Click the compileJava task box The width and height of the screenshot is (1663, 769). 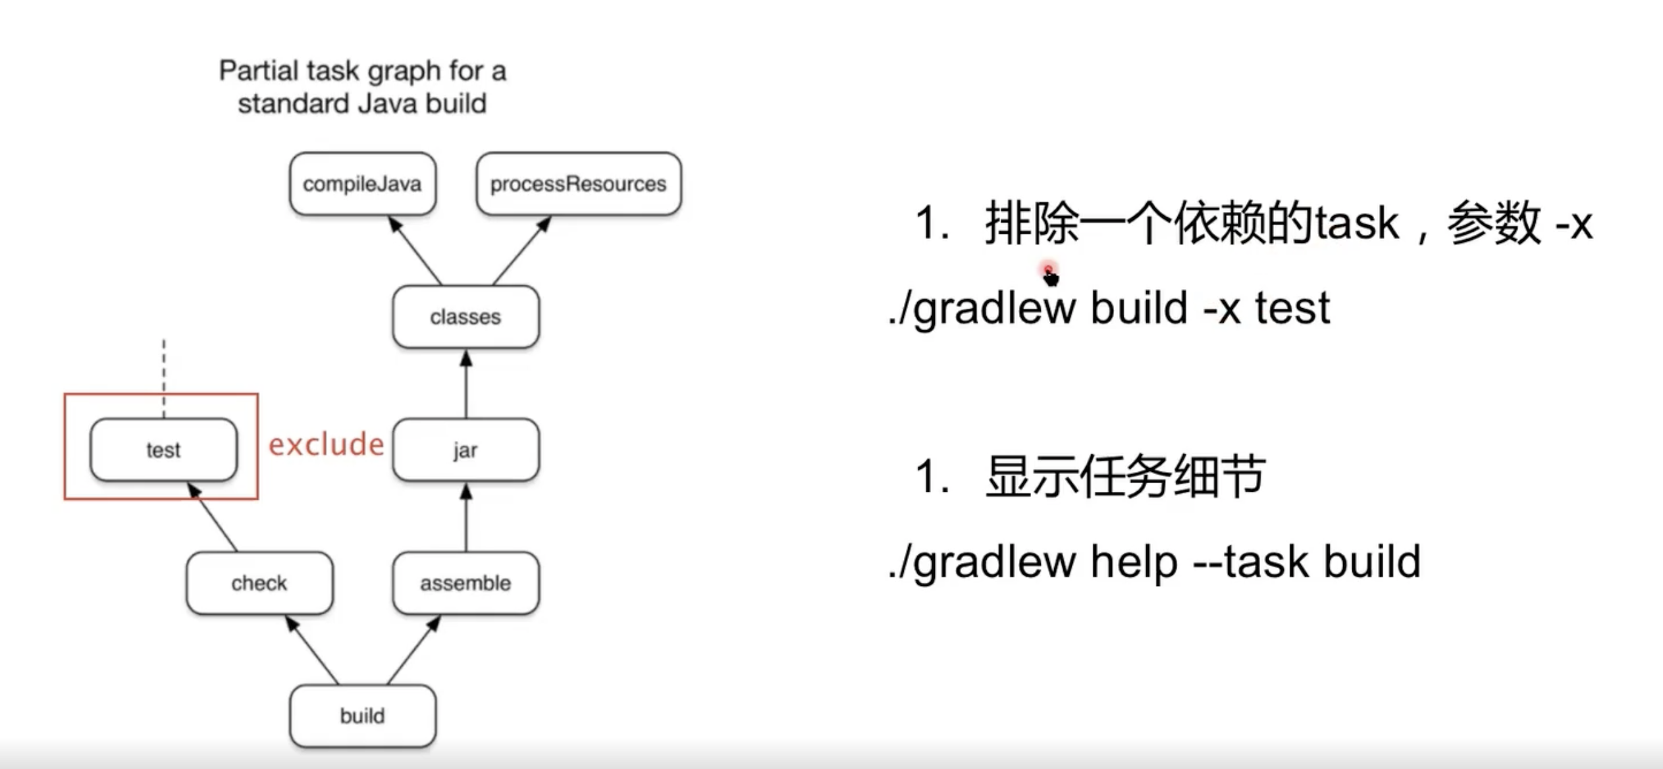tap(362, 184)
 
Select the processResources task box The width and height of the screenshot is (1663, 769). tap(578, 184)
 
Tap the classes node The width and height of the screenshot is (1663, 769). tap(465, 317)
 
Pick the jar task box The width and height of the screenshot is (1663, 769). tap(465, 450)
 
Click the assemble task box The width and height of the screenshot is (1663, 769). tap(465, 583)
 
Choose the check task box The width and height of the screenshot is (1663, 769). tap(259, 583)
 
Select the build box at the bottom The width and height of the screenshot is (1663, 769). tap(362, 716)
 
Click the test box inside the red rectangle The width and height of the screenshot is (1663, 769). tap(163, 450)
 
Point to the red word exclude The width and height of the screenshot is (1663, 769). tap(326, 444)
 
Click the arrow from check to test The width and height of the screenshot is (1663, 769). tap(213, 517)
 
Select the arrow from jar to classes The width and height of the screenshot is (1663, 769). tap(466, 385)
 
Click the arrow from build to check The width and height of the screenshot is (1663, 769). tap(313, 650)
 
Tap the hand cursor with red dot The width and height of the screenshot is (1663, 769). tap(1050, 275)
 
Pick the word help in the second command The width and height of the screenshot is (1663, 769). tap(1133, 562)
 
